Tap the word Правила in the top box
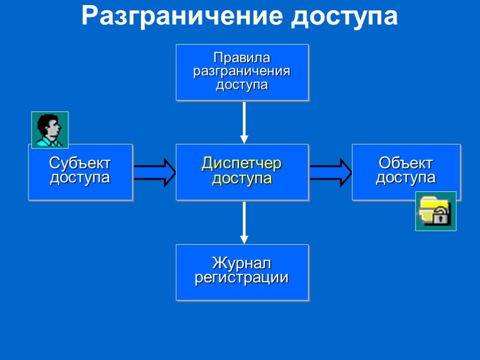pyautogui.click(x=242, y=58)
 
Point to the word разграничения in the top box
pyautogui.click(x=242, y=72)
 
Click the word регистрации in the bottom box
pyautogui.click(x=242, y=277)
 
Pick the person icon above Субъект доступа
pyautogui.click(x=50, y=130)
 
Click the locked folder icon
pyautogui.click(x=435, y=211)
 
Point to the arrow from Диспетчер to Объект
pyautogui.click(x=330, y=172)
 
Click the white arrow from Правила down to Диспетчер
pyautogui.click(x=244, y=122)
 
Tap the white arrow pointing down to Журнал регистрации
pyautogui.click(x=244, y=222)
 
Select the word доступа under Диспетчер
pyautogui.click(x=242, y=179)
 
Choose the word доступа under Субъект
pyautogui.click(x=80, y=178)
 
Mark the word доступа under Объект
pyautogui.click(x=406, y=178)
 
